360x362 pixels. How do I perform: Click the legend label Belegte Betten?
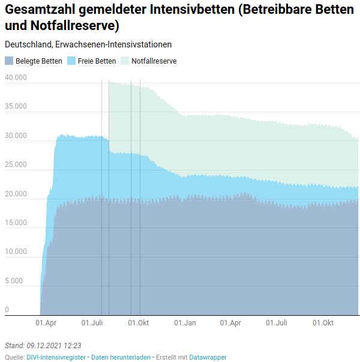click(x=38, y=61)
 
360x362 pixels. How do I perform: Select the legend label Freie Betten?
click(x=97, y=61)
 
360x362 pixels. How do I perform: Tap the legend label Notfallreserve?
click(x=154, y=61)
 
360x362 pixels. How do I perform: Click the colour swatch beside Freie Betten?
click(x=71, y=61)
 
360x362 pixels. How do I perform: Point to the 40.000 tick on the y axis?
click(x=16, y=77)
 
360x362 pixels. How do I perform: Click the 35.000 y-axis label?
click(x=16, y=107)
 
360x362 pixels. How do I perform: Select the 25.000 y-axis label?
click(x=16, y=164)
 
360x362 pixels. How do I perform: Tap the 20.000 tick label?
click(x=16, y=194)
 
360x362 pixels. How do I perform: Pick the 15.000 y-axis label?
click(x=16, y=223)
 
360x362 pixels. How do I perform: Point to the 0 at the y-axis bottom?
click(x=7, y=310)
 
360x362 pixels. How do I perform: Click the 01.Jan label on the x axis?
click(x=185, y=323)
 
